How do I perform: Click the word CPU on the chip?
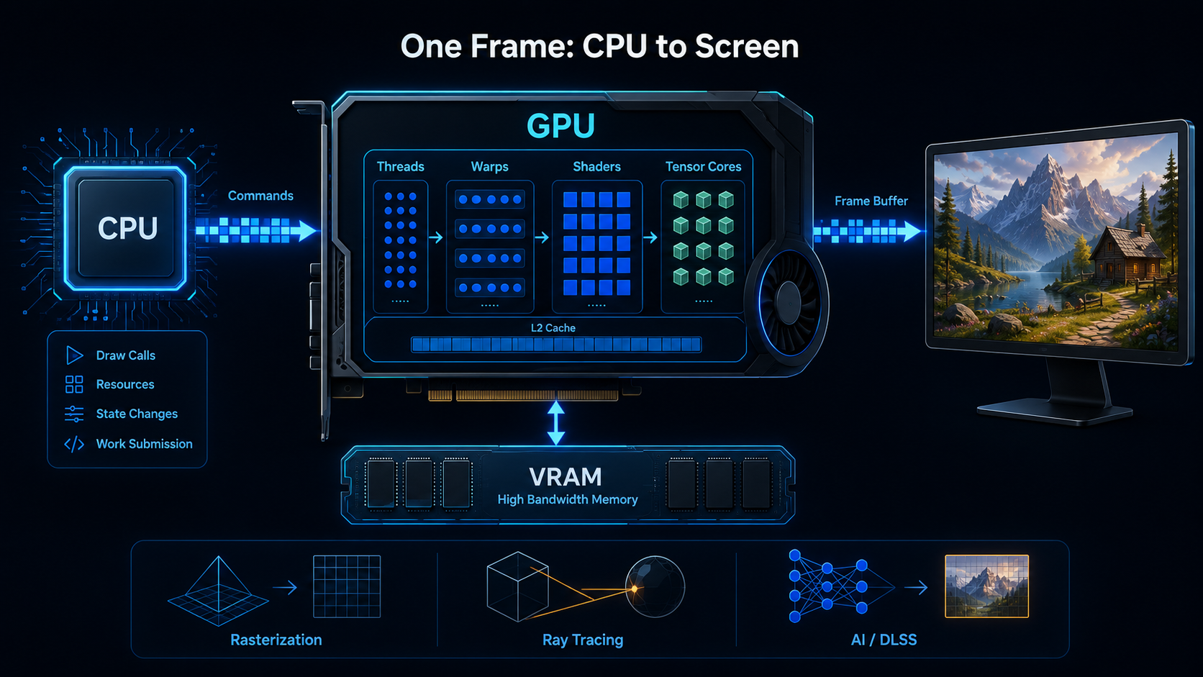coord(128,228)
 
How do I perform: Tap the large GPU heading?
coord(560,126)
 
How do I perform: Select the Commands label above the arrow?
coord(260,196)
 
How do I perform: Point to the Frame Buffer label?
coord(871,201)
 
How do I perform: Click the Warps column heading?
coord(489,166)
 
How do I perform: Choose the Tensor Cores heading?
coord(703,166)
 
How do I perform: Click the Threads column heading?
coord(401,166)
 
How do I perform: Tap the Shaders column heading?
coord(596,166)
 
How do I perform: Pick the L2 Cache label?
coord(553,327)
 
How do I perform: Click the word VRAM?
coord(566,477)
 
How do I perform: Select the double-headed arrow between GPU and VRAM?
coord(556,423)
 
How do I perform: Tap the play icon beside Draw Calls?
coord(74,355)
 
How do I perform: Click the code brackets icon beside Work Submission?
coord(74,444)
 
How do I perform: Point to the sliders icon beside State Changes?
coord(74,414)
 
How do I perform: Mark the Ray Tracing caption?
coord(583,640)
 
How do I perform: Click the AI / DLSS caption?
coord(884,640)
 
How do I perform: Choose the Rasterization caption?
coord(276,640)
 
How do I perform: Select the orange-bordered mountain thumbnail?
coord(986,586)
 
